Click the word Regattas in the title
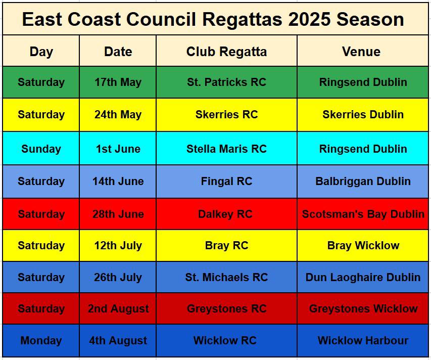[242, 20]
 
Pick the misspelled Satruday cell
[41, 245]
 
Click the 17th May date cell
[118, 82]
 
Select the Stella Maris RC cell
[226, 149]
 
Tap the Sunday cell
[41, 149]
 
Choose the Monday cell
[41, 340]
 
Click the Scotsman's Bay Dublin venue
[363, 214]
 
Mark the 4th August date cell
[118, 340]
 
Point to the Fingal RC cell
[226, 181]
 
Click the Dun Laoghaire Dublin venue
[363, 277]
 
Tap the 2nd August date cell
[118, 308]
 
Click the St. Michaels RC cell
[226, 277]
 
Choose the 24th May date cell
[118, 114]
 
